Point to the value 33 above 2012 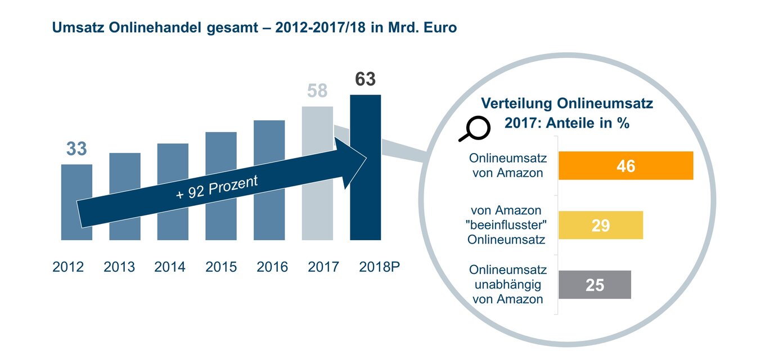point(76,149)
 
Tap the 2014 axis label point(170,267)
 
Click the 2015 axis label point(221,267)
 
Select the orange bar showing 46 point(625,166)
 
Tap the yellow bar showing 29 point(600,226)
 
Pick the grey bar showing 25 point(595,285)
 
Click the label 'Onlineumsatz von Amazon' point(508,166)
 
